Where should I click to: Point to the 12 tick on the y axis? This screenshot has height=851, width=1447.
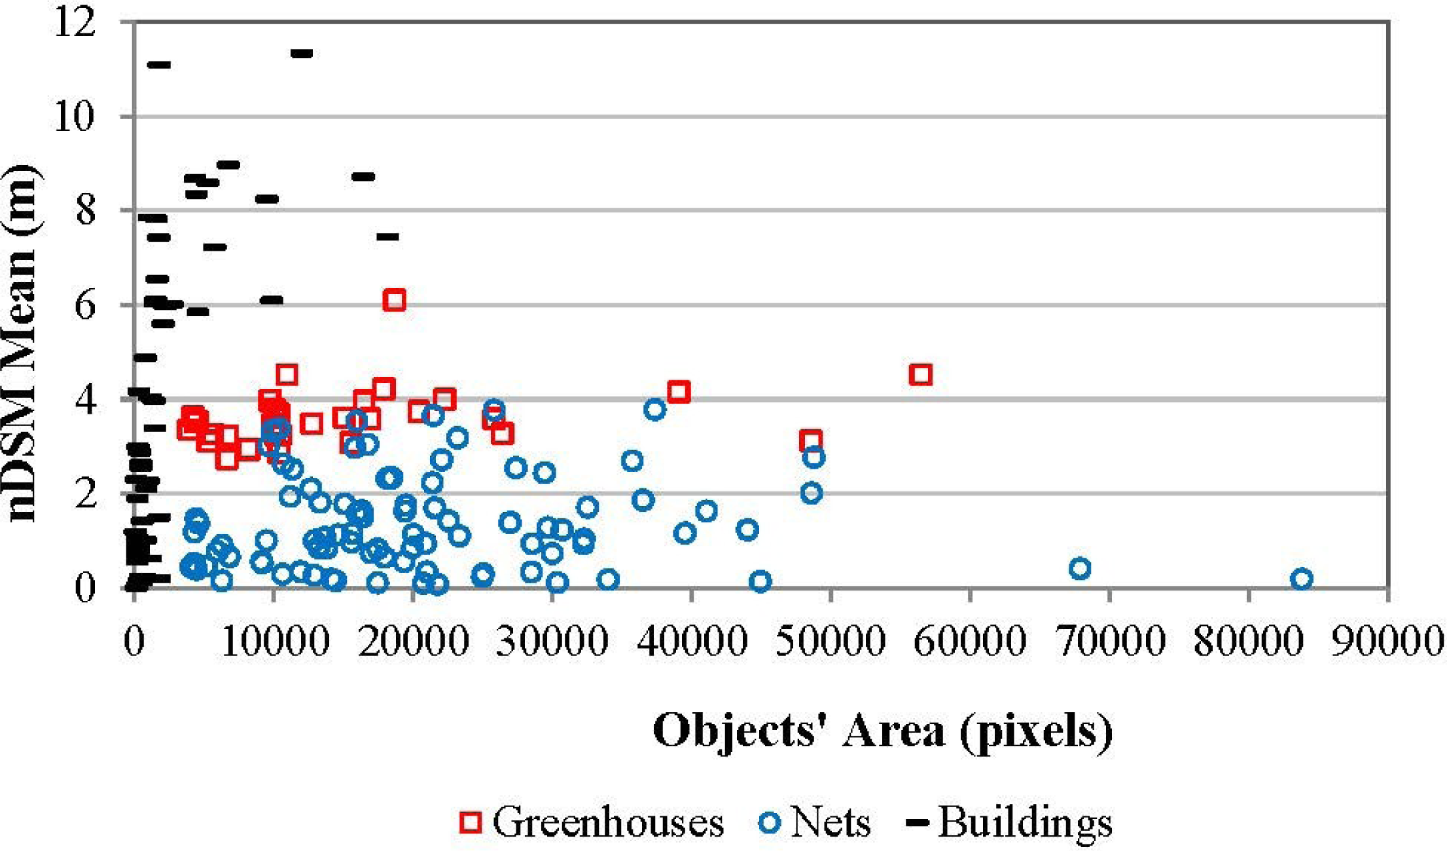pyautogui.click(x=75, y=24)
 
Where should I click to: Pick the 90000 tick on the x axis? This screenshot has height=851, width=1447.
pyautogui.click(x=1387, y=640)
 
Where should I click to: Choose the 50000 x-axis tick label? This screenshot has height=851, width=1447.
pyautogui.click(x=831, y=640)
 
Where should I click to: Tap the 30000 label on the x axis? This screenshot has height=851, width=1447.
pyautogui.click(x=552, y=640)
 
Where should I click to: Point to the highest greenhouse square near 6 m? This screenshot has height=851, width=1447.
pyautogui.click(x=394, y=300)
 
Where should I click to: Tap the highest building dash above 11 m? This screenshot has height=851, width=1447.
pyautogui.click(x=302, y=53)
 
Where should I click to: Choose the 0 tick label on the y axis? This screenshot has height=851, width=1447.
pyautogui.click(x=85, y=587)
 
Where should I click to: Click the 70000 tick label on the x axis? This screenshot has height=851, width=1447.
pyautogui.click(x=1110, y=640)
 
